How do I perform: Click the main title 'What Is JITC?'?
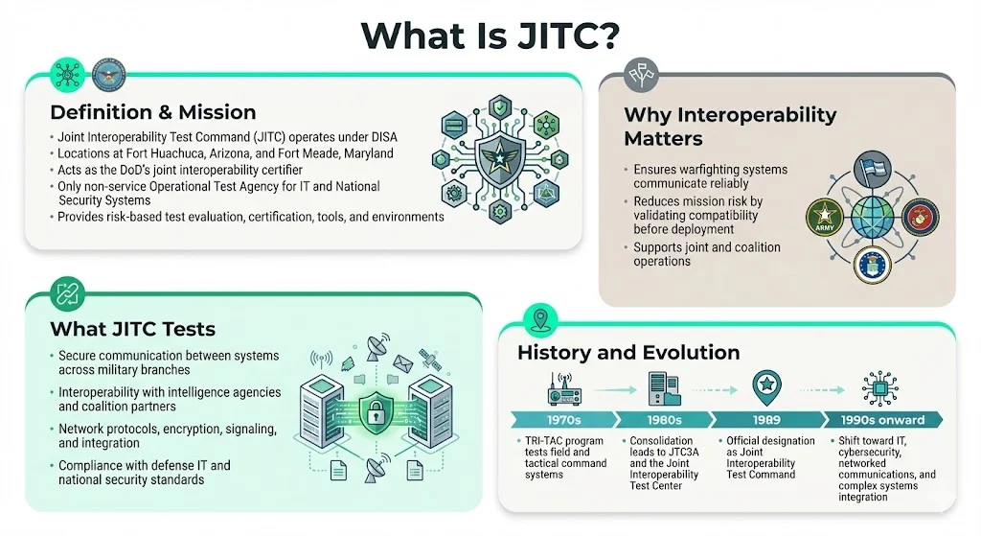pyautogui.click(x=490, y=35)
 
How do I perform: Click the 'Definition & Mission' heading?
pyautogui.click(x=152, y=111)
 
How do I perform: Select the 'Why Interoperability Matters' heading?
pyautogui.click(x=730, y=127)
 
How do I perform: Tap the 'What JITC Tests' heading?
pyautogui.click(x=132, y=329)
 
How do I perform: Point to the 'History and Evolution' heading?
pyautogui.click(x=628, y=352)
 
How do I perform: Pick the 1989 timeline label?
pyautogui.click(x=766, y=420)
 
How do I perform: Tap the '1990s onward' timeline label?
pyautogui.click(x=879, y=420)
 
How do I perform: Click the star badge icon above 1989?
pyautogui.click(x=767, y=385)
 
